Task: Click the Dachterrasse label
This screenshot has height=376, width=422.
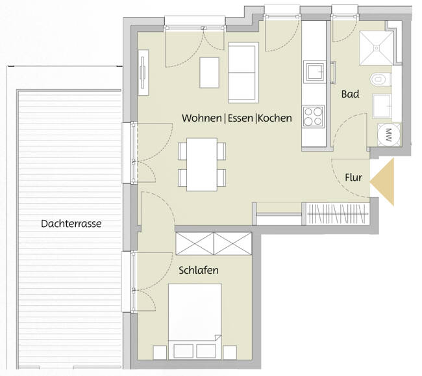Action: pos(71,223)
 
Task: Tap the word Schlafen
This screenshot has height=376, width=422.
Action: pos(199,270)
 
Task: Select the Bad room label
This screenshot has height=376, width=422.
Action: pos(350,94)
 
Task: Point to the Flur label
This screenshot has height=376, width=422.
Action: pos(353,177)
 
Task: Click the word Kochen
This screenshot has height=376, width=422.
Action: pos(275,119)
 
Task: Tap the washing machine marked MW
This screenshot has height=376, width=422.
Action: pos(389,135)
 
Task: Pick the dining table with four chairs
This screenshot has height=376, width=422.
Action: pos(203,164)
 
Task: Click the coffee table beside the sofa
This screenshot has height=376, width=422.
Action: pos(210,72)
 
